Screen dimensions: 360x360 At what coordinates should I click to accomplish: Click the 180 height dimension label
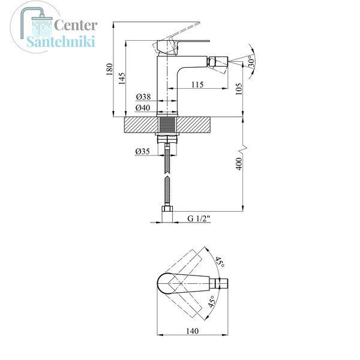(110, 69)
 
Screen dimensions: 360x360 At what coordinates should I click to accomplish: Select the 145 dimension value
(122, 79)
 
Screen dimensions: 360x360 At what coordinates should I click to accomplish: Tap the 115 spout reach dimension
(197, 85)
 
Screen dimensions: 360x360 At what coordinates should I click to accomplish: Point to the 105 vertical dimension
(239, 89)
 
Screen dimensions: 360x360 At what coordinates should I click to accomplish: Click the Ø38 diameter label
(143, 97)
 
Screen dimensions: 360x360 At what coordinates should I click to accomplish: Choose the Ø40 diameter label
(143, 107)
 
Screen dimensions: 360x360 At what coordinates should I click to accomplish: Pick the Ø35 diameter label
(142, 151)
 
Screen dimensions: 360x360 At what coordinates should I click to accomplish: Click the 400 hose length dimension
(239, 164)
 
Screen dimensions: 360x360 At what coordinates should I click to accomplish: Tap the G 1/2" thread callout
(199, 218)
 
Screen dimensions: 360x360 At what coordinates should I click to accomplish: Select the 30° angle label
(251, 62)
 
